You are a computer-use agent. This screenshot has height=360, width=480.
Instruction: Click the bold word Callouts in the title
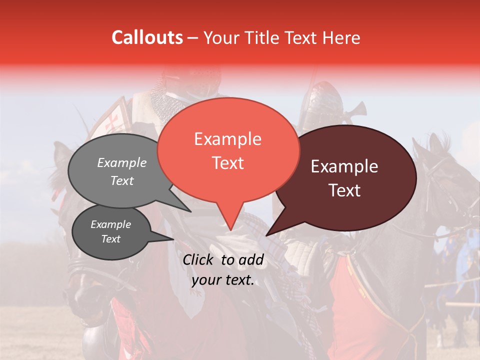(x=147, y=37)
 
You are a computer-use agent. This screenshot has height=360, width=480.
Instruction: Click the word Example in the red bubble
(x=227, y=139)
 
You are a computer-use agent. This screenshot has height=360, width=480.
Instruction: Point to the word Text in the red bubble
(x=227, y=163)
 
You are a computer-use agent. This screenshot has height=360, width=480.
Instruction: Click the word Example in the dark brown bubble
(x=344, y=166)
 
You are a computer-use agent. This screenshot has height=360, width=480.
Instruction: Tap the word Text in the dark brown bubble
(x=344, y=190)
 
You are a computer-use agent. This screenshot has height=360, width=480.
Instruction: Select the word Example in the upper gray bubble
(x=122, y=162)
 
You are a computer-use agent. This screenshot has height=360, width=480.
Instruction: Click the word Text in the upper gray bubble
(x=122, y=180)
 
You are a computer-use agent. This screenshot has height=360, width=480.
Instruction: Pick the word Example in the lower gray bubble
(x=110, y=224)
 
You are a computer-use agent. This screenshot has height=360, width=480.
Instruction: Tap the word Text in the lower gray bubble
(x=110, y=239)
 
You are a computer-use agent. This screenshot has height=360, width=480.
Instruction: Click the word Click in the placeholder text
(x=199, y=259)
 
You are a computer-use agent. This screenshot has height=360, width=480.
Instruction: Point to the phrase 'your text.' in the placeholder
(x=223, y=280)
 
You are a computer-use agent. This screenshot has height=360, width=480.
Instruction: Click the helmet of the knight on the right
(x=321, y=102)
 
